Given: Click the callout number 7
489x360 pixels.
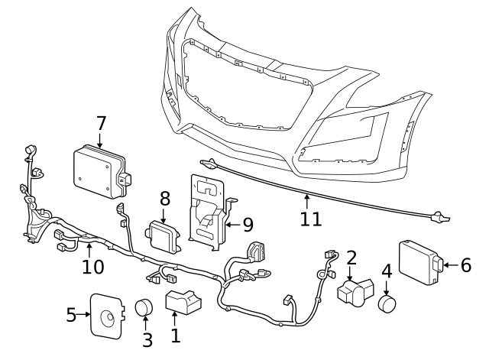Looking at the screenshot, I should (x=100, y=122).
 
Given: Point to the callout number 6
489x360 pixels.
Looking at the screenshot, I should (x=465, y=264).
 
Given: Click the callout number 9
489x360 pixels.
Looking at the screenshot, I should (x=247, y=224).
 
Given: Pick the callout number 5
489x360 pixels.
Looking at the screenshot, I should (x=71, y=314).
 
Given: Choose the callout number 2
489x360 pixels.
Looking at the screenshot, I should (x=351, y=257).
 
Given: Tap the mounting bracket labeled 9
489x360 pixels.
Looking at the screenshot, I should (x=206, y=210).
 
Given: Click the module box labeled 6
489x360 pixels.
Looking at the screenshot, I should (x=419, y=261).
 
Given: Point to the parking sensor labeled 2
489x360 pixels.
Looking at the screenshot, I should (x=355, y=293).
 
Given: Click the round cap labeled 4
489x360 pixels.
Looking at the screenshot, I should (x=389, y=304).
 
